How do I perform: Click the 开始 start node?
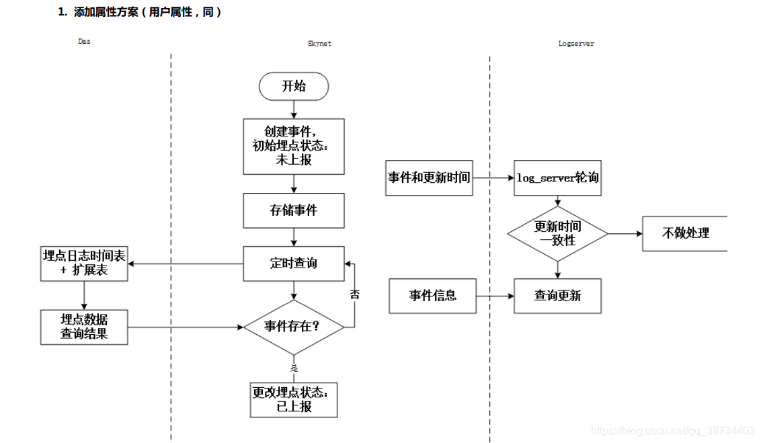point(294,86)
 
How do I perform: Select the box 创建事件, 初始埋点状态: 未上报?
point(294,146)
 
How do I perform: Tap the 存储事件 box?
point(294,210)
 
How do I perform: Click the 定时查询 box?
point(294,264)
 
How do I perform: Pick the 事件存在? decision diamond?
point(294,327)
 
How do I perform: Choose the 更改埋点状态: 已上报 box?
point(294,399)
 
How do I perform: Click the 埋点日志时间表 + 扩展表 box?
point(84,264)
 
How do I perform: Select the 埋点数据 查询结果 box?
point(84,327)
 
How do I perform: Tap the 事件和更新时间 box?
point(429,178)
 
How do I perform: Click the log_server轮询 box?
point(557,178)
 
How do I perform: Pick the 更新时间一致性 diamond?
point(557,233)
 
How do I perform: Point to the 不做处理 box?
point(684,233)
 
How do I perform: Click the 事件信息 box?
point(433,296)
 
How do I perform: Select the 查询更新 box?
point(557,296)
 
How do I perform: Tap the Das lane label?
point(84,42)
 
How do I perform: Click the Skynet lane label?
point(319,44)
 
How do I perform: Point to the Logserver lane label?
point(576,44)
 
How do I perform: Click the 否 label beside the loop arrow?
point(355,294)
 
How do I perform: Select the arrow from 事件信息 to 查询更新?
point(495,296)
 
